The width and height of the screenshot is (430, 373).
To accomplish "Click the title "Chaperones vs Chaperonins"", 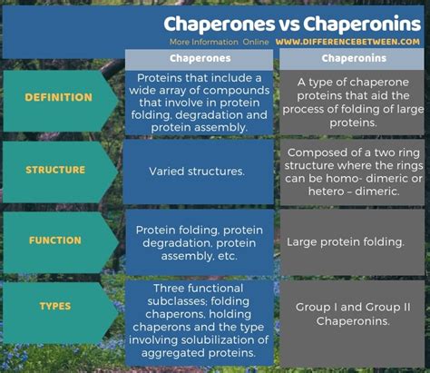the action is click(x=292, y=24).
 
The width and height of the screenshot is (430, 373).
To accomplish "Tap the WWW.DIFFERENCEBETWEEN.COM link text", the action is click(x=347, y=42).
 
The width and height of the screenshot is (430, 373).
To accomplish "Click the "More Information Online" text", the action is click(x=219, y=42).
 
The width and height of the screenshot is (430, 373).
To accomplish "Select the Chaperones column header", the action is click(x=200, y=58).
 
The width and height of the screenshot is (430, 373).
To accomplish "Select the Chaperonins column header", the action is click(x=354, y=58).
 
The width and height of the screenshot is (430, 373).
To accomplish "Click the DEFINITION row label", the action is click(x=58, y=97).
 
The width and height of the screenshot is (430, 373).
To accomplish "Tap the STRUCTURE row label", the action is click(x=55, y=170).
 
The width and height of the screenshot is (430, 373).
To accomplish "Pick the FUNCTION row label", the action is click(x=55, y=240).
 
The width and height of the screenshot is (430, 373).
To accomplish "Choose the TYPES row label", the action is click(x=55, y=306).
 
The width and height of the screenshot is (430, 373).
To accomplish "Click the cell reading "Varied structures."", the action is click(x=197, y=172).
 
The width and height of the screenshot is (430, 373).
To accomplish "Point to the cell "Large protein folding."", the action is click(x=345, y=242).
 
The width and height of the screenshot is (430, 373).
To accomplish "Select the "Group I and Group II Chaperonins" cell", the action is click(x=353, y=314).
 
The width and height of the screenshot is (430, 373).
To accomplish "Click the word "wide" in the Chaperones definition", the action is click(x=141, y=90).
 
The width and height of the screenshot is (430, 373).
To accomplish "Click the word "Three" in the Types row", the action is click(x=168, y=289).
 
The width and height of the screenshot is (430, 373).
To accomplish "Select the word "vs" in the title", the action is click(x=289, y=25).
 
